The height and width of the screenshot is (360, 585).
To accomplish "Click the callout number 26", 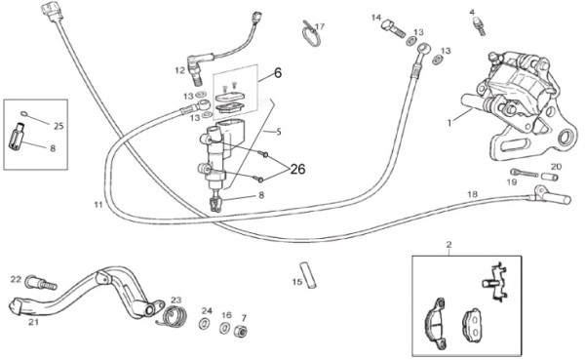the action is tap(297, 169).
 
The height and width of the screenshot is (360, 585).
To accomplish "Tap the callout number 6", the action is tap(278, 73).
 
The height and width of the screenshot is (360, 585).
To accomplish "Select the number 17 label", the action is tap(320, 26).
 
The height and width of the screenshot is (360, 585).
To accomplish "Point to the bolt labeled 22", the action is tap(40, 283).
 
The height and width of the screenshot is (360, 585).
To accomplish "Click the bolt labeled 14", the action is tap(393, 28).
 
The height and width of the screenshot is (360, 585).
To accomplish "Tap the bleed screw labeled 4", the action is tap(479, 26).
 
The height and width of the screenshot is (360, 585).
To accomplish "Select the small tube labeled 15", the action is tap(308, 275).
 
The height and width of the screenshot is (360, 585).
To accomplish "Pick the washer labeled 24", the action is tap(205, 323).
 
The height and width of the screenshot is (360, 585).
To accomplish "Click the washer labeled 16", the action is tap(225, 328).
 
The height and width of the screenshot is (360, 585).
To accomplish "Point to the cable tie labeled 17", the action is tap(310, 34).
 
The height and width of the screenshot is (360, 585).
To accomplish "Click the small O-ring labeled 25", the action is tap(24, 113).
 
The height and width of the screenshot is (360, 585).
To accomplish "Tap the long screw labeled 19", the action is tap(525, 173).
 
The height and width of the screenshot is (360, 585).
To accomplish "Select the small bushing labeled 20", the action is tap(550, 177).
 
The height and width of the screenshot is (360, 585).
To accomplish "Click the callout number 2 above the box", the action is tap(448, 245).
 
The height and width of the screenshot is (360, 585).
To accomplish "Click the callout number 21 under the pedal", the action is tap(33, 322).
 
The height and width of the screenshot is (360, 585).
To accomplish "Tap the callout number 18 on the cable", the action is tap(472, 194).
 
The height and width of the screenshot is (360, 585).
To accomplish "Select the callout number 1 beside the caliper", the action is tap(449, 123).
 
